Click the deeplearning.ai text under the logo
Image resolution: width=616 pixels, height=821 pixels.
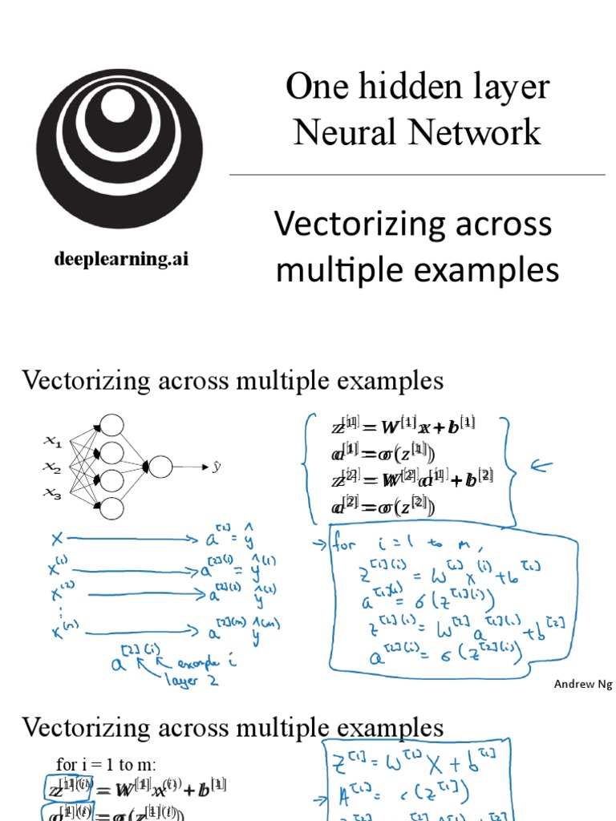coord(122,260)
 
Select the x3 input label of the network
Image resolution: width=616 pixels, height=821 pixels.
coord(52,495)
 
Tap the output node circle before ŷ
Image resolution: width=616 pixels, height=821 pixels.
coord(160,467)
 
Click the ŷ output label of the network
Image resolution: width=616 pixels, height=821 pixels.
coord(216,466)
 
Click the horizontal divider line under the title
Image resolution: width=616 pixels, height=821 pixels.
coord(417,174)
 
